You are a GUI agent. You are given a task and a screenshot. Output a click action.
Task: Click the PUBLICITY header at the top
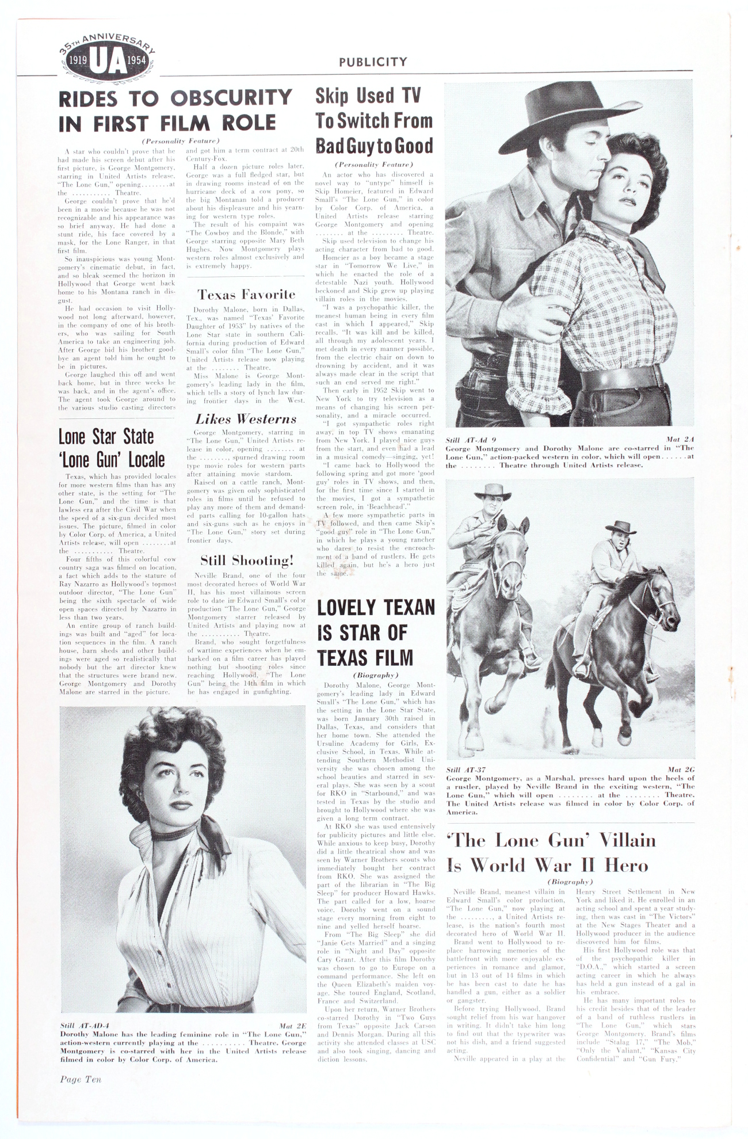coord(372,62)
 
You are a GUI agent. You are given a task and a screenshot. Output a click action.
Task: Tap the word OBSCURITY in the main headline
coord(231,98)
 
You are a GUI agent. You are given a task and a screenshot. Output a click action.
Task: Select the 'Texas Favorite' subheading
coord(246,295)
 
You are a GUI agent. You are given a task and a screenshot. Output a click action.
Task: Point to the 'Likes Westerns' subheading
coord(246,419)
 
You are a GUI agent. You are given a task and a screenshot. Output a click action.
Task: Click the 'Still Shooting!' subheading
coord(246,560)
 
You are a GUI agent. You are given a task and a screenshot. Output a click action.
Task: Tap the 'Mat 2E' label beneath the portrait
coord(292,1026)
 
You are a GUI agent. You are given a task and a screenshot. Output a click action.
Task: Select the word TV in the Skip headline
coord(411,96)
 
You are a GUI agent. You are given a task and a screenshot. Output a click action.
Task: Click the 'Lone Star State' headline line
coord(106,437)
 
